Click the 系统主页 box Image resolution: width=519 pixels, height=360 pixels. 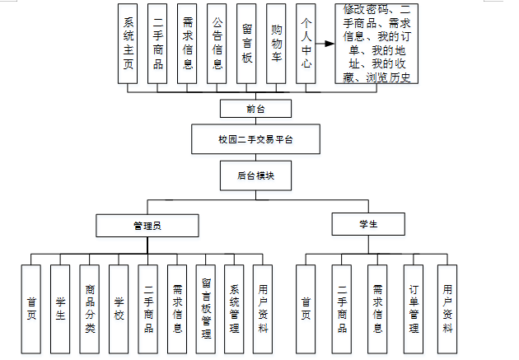[x=128, y=44]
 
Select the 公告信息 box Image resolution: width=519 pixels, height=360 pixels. [x=217, y=44]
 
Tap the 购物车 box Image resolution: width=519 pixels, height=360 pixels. [x=277, y=44]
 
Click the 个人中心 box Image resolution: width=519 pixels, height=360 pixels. [x=306, y=44]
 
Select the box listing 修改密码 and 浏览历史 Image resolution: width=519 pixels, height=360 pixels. [x=377, y=44]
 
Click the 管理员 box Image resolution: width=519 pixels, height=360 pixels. [x=147, y=224]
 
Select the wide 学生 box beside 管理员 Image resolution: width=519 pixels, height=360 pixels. [x=368, y=223]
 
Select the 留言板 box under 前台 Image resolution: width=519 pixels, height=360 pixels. [x=246, y=44]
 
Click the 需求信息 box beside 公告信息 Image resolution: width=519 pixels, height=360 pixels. [x=187, y=44]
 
